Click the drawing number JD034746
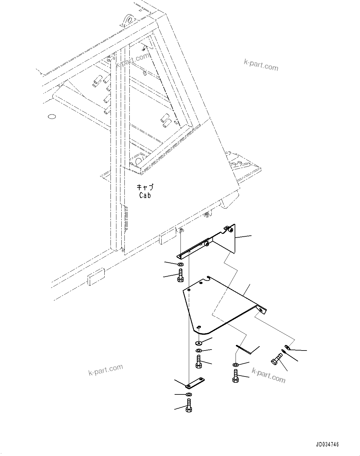pyautogui.click(x=327, y=445)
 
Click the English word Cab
pyautogui.click(x=145, y=195)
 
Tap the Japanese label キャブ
pyautogui.click(x=145, y=187)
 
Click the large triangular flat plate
pyautogui.click(x=217, y=303)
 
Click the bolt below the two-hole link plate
pyautogui.click(x=189, y=405)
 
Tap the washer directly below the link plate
pyautogui.click(x=189, y=394)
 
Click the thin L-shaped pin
pyautogui.click(x=244, y=350)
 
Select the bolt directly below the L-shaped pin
pyautogui.click(x=235, y=376)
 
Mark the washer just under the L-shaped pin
pyautogui.click(x=236, y=365)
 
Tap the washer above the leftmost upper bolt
pyautogui.click(x=180, y=265)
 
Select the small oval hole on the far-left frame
pyautogui.click(x=52, y=117)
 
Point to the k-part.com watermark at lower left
pyautogui.click(x=106, y=369)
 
